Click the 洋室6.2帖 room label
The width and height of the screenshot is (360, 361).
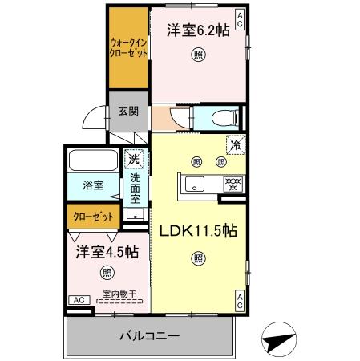point(196,30)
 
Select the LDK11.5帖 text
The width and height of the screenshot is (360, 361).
point(196,231)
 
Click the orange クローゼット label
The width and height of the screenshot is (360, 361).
point(93,217)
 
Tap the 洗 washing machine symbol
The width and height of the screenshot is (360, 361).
point(135,157)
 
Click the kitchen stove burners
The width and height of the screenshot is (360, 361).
point(233,183)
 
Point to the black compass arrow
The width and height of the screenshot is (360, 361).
point(282,339)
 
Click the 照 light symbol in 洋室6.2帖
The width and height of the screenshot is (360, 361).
point(196,55)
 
